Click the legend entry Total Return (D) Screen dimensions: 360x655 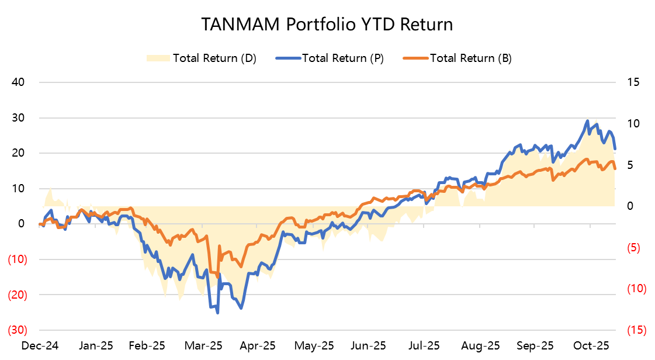214,58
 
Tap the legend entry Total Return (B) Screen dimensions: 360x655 471,58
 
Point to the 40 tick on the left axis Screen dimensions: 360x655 18,82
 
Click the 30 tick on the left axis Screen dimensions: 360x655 18,117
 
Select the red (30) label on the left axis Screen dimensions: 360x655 16,330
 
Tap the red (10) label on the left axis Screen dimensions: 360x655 16,259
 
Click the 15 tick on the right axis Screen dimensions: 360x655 634,82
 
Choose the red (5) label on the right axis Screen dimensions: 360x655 634,248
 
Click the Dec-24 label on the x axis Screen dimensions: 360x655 39,345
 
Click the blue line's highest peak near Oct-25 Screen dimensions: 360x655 587,121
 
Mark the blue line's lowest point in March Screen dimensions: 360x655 218,313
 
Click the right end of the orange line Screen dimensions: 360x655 615,169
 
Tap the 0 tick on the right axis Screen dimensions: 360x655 630,206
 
